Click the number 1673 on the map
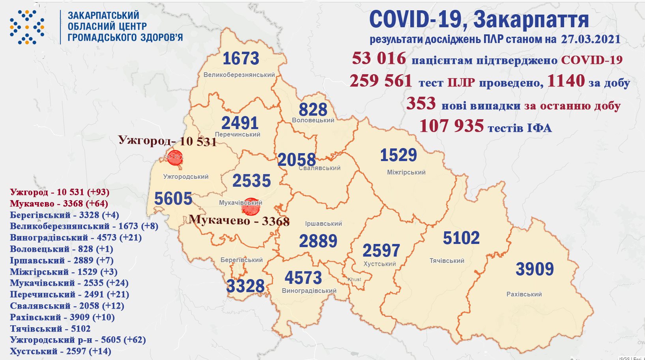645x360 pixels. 241,59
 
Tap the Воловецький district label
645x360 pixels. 313,120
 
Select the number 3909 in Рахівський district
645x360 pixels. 535,269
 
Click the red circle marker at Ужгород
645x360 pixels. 175,157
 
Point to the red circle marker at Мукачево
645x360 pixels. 251,206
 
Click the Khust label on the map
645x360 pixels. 354,279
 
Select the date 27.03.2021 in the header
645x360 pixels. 591,39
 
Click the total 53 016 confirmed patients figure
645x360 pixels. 379,58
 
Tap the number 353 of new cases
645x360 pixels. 421,104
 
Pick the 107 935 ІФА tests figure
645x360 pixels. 451,126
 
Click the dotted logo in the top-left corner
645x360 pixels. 27,27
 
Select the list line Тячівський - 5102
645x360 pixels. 50,328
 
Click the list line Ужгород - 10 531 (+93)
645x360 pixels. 60,192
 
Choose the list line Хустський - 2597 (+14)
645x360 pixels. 60,351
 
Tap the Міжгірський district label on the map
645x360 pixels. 406,172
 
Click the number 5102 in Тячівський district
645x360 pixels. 461,238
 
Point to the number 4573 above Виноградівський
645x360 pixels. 303,278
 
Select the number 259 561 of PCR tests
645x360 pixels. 381,81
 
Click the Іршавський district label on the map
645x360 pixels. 323,223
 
